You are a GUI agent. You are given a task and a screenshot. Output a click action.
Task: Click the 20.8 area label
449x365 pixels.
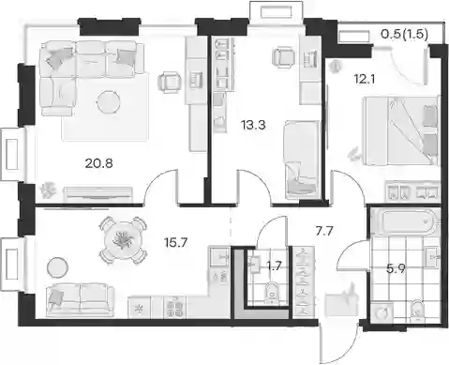(98, 163)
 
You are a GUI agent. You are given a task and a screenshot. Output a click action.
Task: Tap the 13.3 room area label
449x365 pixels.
(253, 126)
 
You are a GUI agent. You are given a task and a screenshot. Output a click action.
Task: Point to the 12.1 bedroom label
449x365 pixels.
(365, 80)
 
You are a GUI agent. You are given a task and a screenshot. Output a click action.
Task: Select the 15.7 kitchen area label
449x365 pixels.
(176, 242)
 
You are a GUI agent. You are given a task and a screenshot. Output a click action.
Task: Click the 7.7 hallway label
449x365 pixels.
(323, 232)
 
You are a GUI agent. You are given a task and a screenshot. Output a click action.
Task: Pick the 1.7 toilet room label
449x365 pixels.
(275, 266)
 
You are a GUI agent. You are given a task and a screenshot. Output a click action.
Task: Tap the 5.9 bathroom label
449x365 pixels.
(396, 268)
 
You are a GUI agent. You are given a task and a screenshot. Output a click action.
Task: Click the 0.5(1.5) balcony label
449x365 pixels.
(404, 34)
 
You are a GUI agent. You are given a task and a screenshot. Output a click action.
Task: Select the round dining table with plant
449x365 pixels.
(122, 240)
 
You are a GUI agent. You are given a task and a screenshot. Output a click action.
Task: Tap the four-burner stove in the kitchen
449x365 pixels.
(175, 308)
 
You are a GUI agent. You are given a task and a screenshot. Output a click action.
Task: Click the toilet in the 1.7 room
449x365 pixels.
(271, 293)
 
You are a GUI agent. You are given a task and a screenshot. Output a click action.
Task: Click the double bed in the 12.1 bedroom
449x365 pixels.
(400, 130)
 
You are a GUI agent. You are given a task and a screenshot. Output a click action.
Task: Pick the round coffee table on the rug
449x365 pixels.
(109, 102)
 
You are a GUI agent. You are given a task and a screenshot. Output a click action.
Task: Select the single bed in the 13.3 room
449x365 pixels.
(302, 160)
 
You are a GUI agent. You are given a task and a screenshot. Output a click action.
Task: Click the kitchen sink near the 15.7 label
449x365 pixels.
(219, 257)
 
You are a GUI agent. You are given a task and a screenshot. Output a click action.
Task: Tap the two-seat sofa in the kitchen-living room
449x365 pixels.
(80, 299)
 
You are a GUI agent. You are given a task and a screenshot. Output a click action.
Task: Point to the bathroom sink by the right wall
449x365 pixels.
(432, 257)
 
